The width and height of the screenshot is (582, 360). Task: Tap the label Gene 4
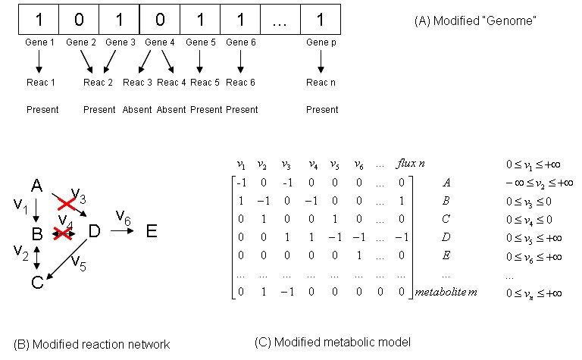click(x=160, y=42)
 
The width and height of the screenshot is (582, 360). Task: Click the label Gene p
click(x=321, y=42)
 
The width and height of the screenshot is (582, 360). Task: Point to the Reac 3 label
click(x=138, y=82)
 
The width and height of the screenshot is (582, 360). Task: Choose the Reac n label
click(x=321, y=82)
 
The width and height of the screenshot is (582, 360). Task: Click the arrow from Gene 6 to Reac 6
click(x=240, y=61)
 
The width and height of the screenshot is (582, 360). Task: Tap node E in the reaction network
click(x=152, y=231)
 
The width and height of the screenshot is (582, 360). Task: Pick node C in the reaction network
click(x=36, y=282)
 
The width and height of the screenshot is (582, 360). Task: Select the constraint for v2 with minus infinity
click(x=539, y=182)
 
